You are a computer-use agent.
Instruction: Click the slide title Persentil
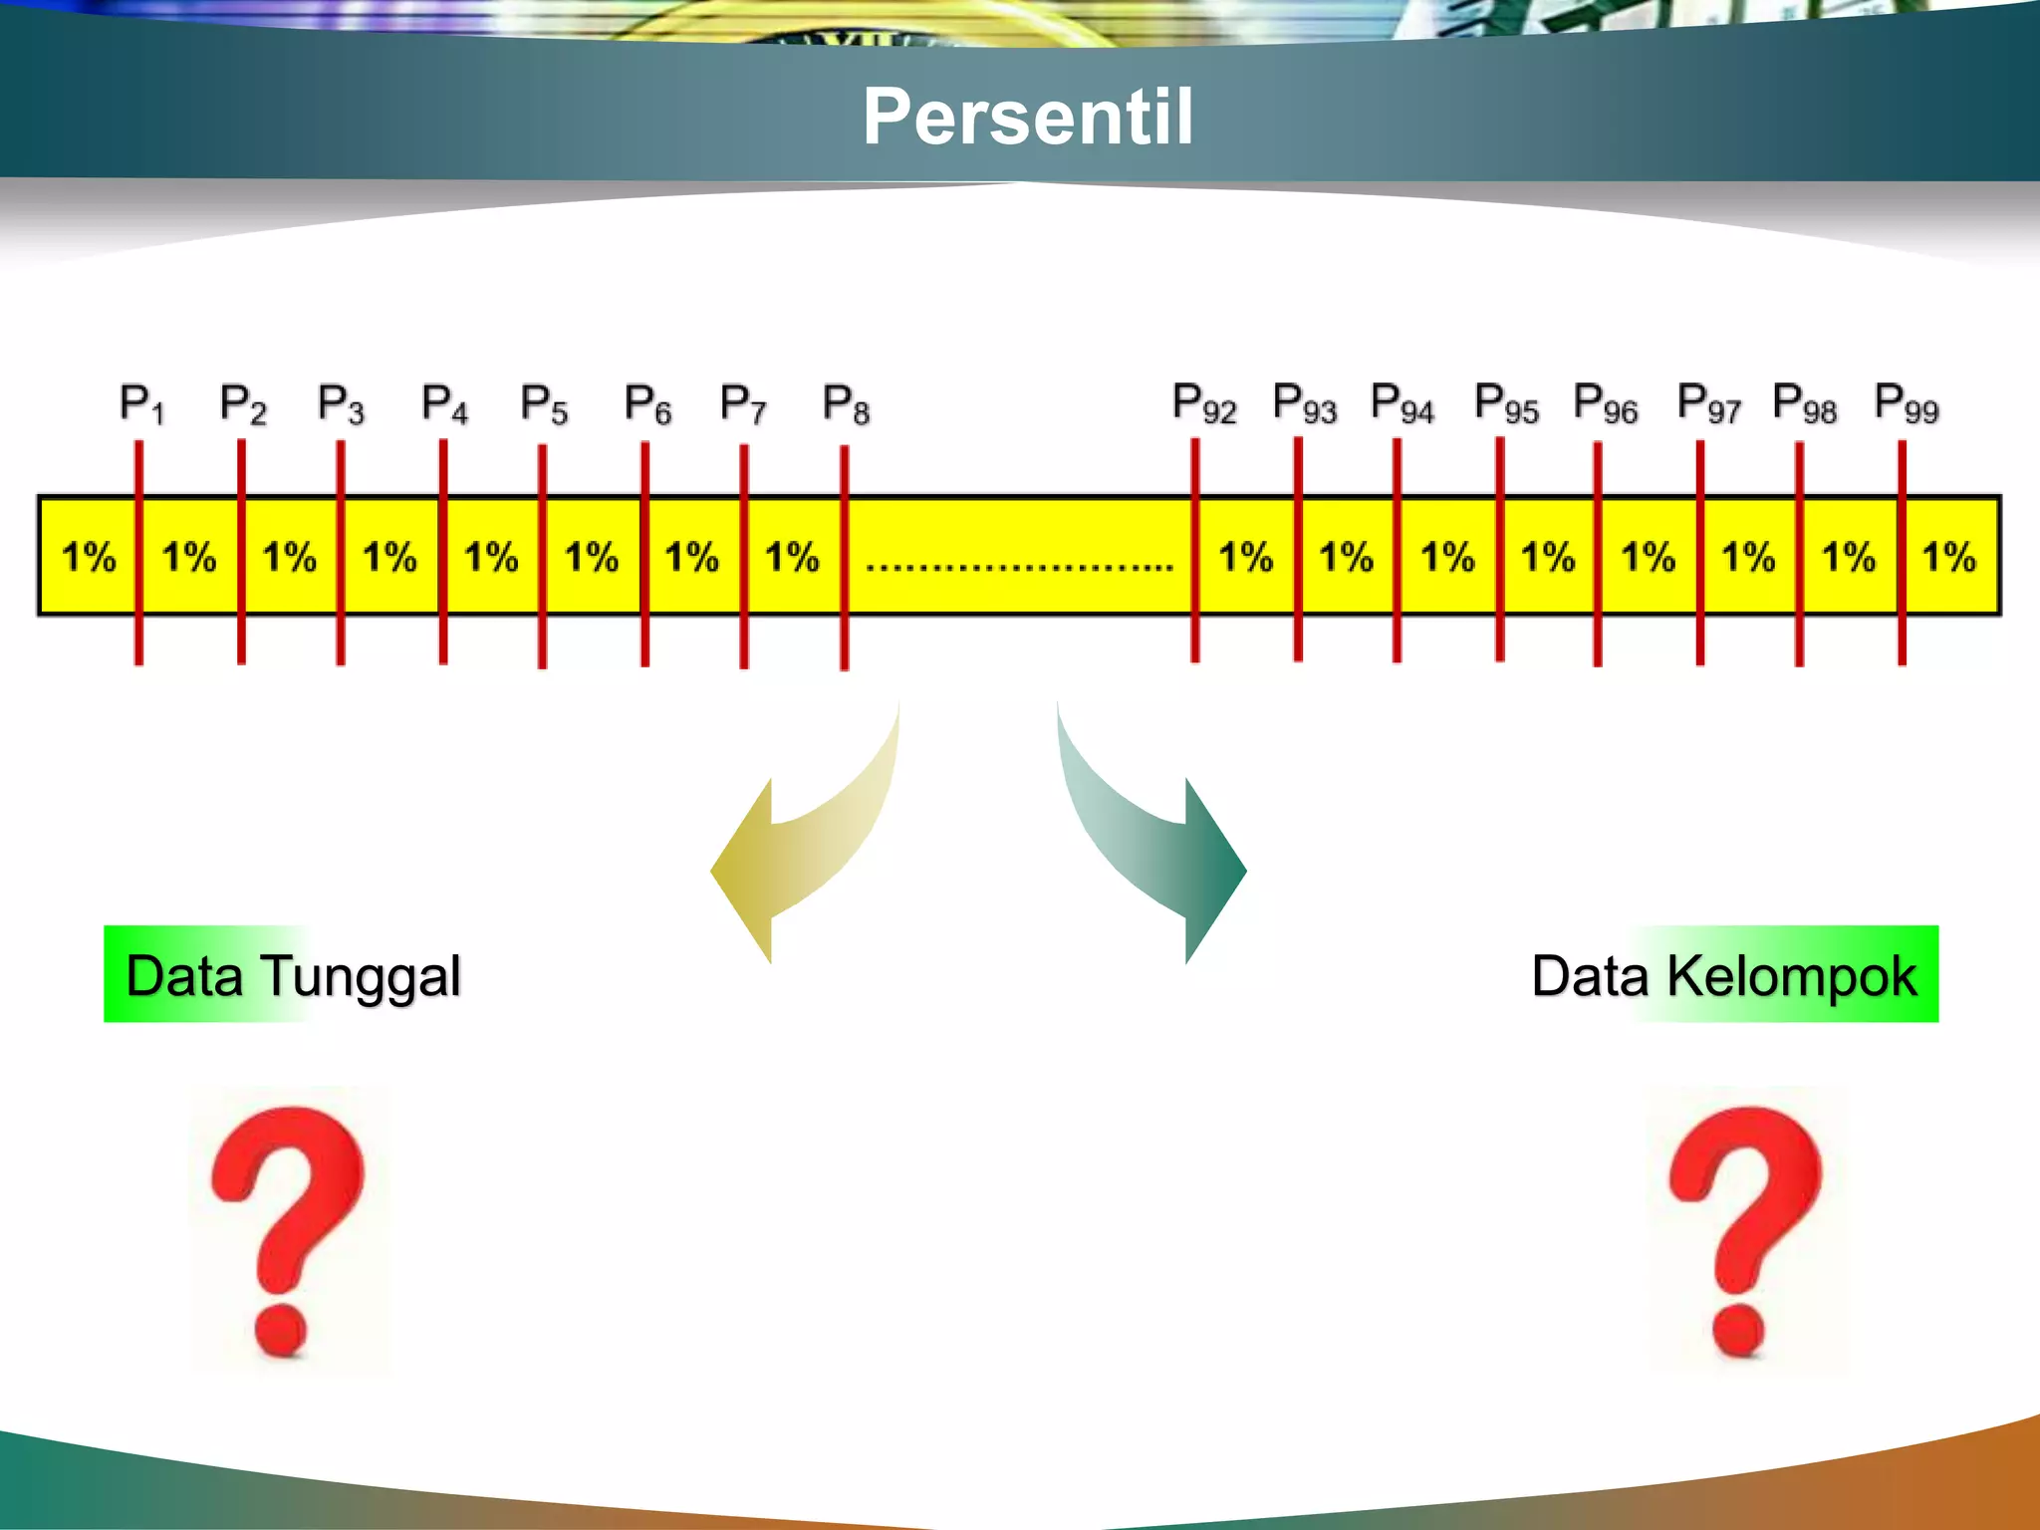coord(1027,117)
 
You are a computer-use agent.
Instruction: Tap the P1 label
coord(141,403)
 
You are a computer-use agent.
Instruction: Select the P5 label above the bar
coord(544,404)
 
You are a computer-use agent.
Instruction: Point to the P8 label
coord(846,404)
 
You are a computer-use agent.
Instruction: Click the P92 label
coord(1203,403)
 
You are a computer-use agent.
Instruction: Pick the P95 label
coord(1506,403)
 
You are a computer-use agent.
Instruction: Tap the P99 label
coord(1906,403)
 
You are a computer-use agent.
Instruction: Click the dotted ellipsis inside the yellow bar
coord(1019,566)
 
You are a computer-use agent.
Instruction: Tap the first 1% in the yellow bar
coord(89,557)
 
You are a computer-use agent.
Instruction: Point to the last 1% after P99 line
coord(1948,557)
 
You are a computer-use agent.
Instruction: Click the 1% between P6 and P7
coord(691,557)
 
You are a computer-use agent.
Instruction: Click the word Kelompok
coord(1791,976)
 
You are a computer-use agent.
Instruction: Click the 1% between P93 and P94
coord(1347,557)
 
